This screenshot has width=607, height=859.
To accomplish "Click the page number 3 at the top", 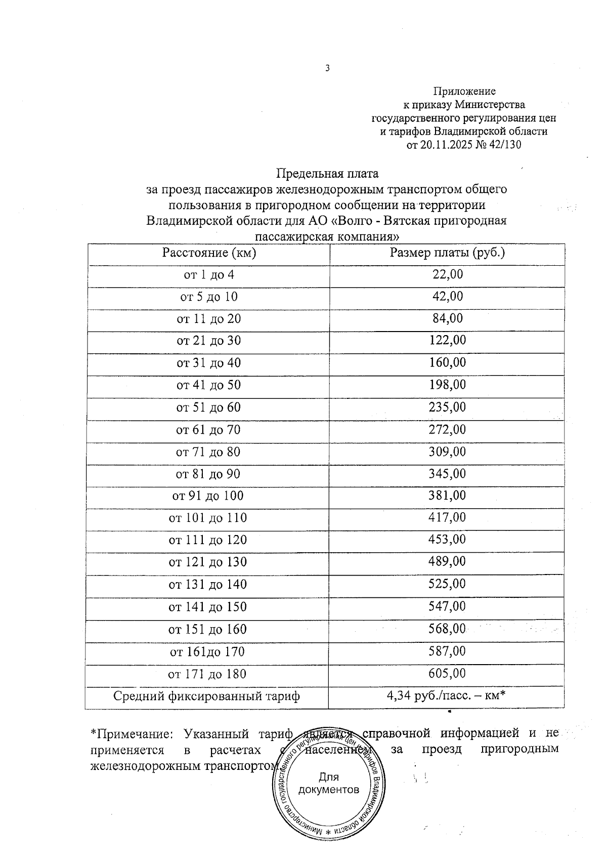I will click(x=327, y=68).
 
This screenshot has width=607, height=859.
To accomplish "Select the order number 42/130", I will click(x=503, y=145).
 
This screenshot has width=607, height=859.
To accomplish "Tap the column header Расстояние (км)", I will click(x=209, y=253).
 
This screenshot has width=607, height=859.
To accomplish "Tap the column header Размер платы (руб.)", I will click(x=447, y=253).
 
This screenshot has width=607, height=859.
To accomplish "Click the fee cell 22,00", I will click(x=447, y=274).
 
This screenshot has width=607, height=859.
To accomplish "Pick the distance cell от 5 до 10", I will click(x=209, y=297).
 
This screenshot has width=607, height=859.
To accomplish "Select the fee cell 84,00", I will click(x=447, y=318).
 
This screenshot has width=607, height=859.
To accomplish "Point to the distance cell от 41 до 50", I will click(x=209, y=385).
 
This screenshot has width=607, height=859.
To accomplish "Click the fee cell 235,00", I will click(x=447, y=407).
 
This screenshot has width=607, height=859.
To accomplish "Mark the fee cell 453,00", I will click(x=447, y=540).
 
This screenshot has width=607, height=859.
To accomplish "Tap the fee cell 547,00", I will click(x=447, y=606).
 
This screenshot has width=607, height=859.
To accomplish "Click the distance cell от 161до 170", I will click(x=207, y=651).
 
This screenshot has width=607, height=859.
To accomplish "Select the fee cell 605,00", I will click(x=447, y=673).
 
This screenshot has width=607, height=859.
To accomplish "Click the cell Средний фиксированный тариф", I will click(x=206, y=696).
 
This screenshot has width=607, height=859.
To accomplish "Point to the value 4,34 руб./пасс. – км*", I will click(x=447, y=696).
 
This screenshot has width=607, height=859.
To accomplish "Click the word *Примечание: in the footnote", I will click(x=132, y=733).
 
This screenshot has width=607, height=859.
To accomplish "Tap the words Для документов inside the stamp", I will click(x=329, y=783).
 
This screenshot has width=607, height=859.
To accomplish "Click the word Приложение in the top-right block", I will click(x=464, y=91).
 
